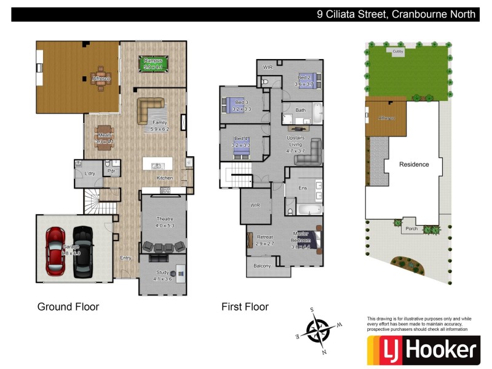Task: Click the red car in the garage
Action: [55, 251]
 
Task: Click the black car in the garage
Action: [82, 251]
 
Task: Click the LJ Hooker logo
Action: [423, 350]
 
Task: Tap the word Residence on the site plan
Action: [414, 164]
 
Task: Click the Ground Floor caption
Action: [68, 306]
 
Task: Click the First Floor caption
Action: [245, 306]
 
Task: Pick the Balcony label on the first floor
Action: [262, 266]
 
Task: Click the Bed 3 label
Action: [242, 105]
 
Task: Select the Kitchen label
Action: [165, 178]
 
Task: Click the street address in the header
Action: [396, 14]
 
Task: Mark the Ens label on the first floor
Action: [303, 188]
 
